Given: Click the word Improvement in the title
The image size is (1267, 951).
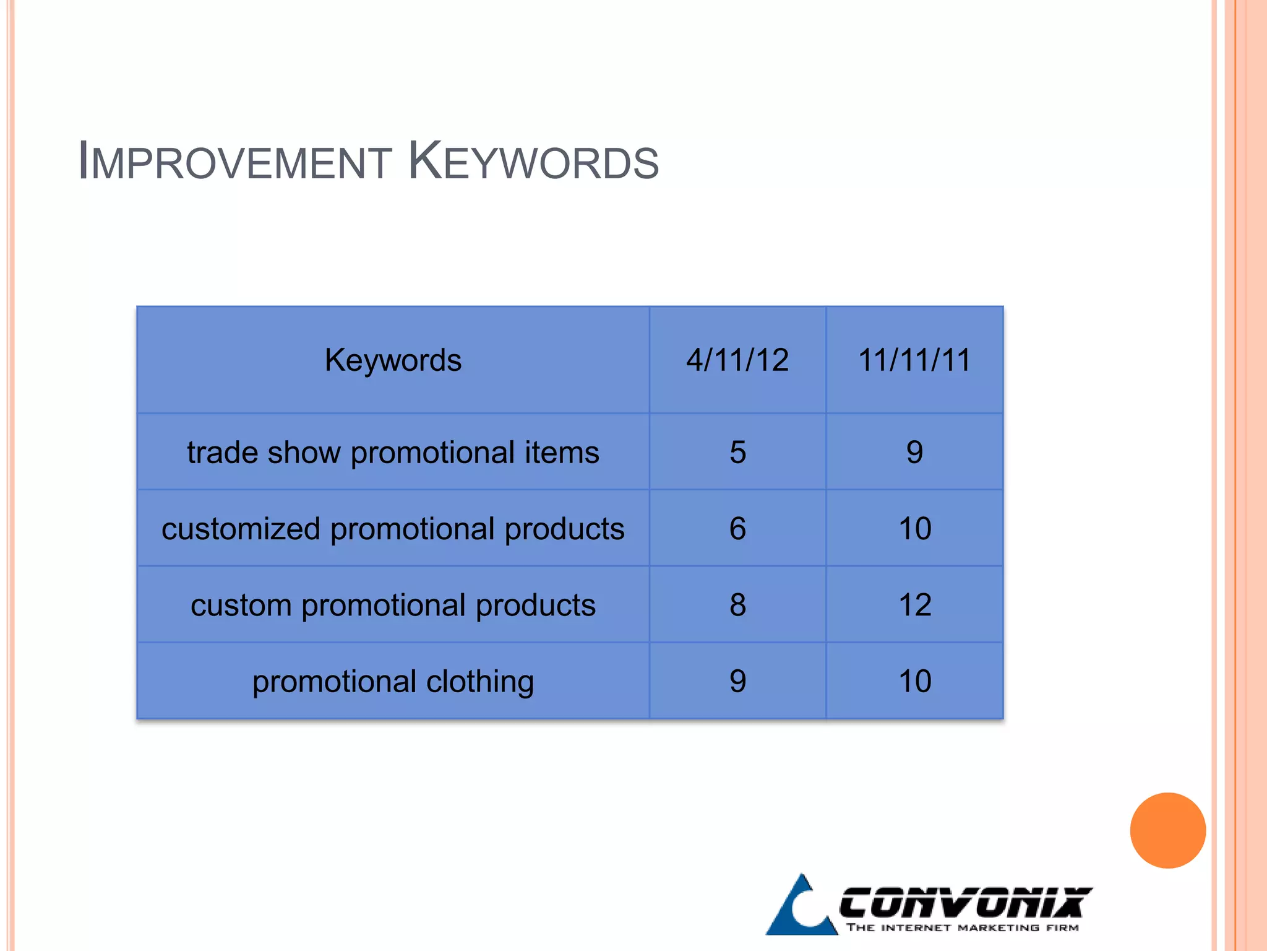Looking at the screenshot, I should (x=235, y=162).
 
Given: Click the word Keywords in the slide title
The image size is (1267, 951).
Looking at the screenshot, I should (x=533, y=162).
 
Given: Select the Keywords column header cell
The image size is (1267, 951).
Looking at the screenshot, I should (x=393, y=360).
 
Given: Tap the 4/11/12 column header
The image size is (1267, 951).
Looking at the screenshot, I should (x=737, y=360).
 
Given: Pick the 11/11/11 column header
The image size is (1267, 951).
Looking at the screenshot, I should (x=914, y=360).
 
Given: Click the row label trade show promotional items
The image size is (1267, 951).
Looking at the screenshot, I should (x=393, y=453).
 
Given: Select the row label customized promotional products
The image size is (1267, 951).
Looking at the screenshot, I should (x=393, y=529).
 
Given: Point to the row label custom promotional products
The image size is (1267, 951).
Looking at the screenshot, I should (x=393, y=606).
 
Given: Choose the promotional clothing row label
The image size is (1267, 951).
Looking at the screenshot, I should (x=393, y=682).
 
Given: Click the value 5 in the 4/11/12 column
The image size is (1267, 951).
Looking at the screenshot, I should (x=737, y=453).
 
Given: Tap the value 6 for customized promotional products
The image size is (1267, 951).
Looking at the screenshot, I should (x=737, y=529).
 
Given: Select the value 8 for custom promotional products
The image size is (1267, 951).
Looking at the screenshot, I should (x=737, y=605).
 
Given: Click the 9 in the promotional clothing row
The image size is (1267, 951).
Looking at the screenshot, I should (x=737, y=681).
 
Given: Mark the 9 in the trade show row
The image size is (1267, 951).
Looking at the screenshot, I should (x=914, y=453).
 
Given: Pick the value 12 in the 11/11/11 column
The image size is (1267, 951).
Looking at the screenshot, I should (x=914, y=605).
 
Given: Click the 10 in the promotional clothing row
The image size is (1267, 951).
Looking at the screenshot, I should (x=914, y=681).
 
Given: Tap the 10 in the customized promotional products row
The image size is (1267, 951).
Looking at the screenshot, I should (x=914, y=529).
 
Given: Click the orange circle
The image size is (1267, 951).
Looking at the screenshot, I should (x=1167, y=830).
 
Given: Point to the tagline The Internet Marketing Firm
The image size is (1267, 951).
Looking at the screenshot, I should (x=963, y=927).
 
